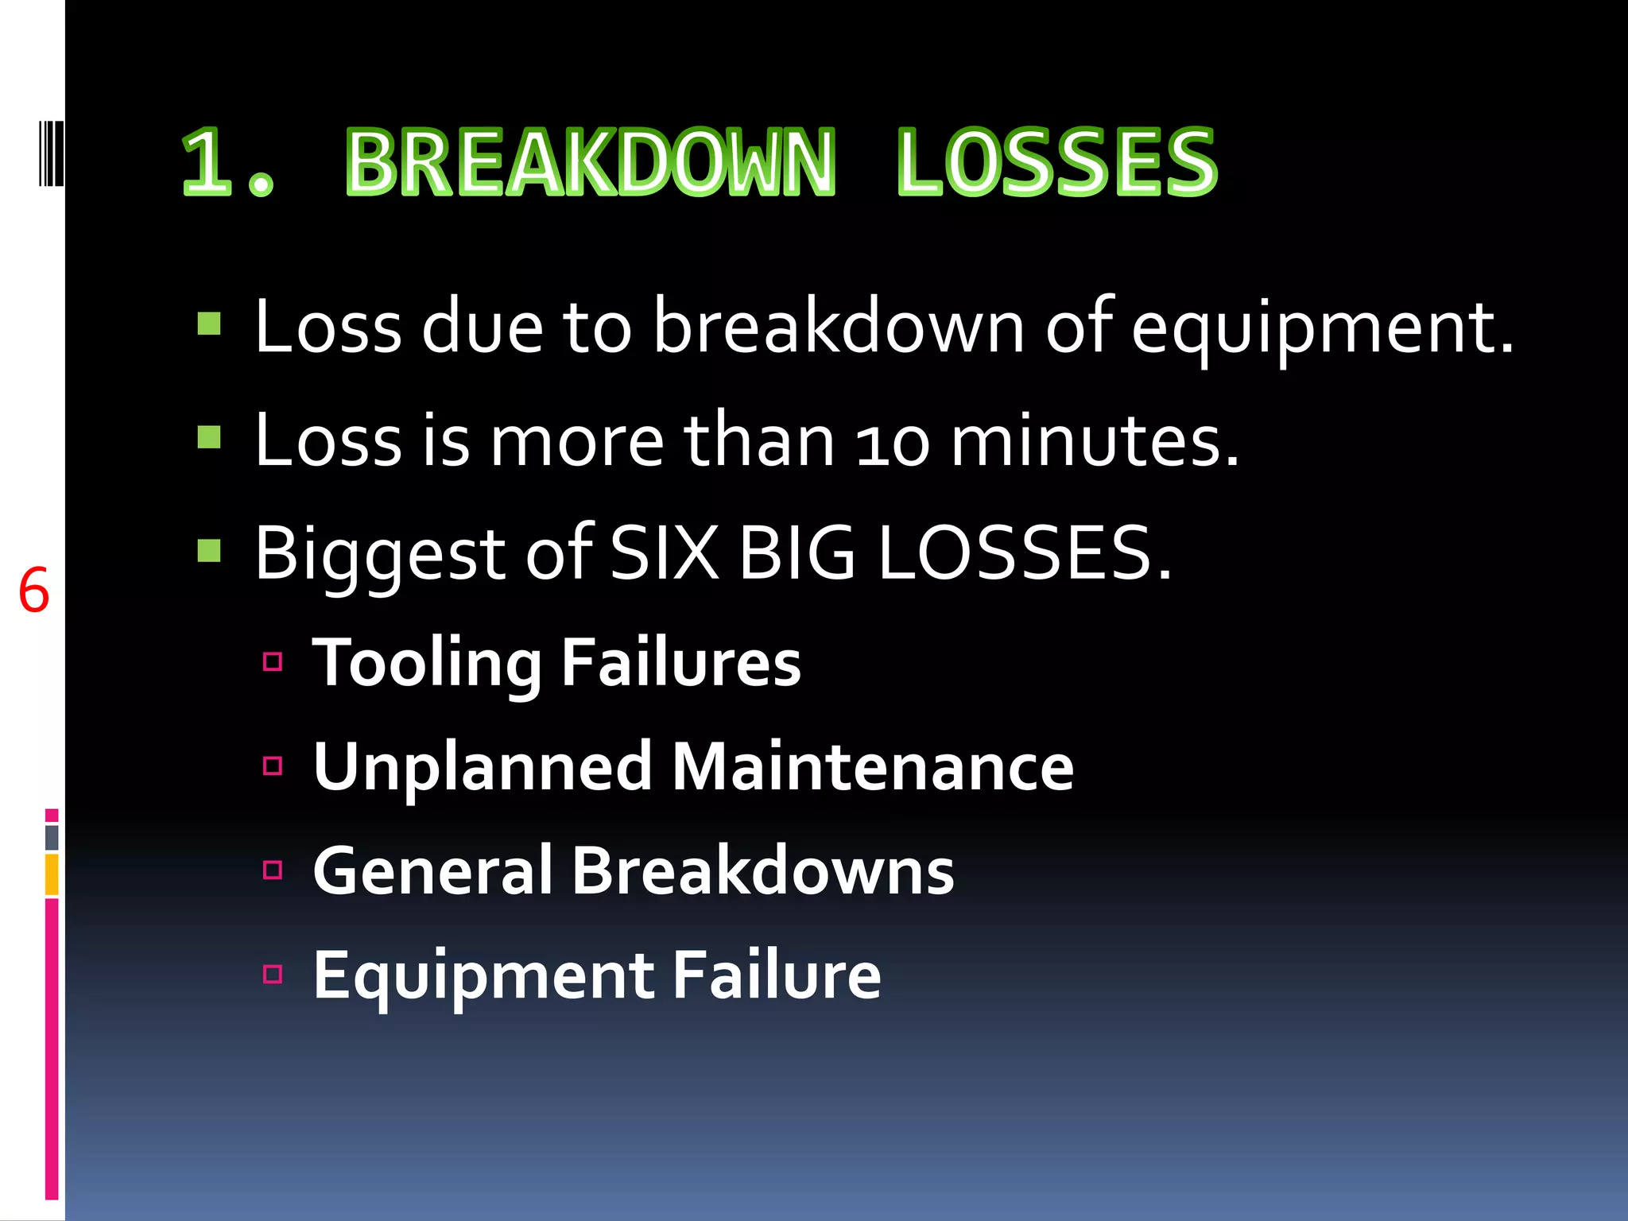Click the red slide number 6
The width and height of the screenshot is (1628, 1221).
(x=33, y=591)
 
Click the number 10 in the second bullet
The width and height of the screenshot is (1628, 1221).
(x=892, y=443)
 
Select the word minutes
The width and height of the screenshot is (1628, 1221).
(x=1095, y=441)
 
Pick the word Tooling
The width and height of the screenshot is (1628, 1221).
(x=427, y=663)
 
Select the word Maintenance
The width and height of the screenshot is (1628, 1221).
(x=873, y=766)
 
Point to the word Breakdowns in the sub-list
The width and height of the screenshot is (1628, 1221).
(x=762, y=870)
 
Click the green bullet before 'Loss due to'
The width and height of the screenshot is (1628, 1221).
(x=209, y=324)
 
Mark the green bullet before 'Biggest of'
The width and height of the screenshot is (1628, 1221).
(x=209, y=550)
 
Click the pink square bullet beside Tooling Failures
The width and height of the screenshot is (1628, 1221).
(x=273, y=661)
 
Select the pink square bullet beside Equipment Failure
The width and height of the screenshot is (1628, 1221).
(x=273, y=974)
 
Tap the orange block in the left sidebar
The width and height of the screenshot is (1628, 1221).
(x=52, y=874)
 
